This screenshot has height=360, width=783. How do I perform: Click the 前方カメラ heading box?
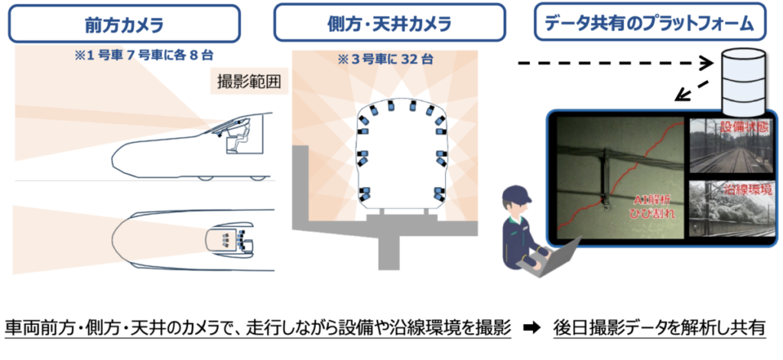point(125,24)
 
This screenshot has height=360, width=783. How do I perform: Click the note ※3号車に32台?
point(385,60)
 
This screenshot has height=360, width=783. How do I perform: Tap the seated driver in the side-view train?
point(239,138)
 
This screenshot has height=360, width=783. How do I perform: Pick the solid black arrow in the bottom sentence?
point(532,329)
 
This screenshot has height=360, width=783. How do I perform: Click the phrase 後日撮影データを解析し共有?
point(660,329)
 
